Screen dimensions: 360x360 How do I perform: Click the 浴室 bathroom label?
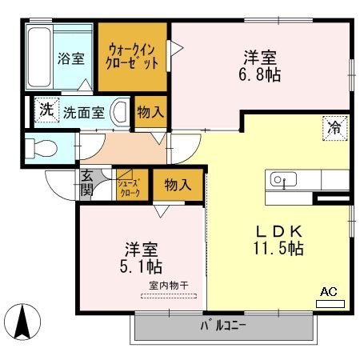click(70, 58)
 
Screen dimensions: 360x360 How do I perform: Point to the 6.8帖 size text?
click(261, 77)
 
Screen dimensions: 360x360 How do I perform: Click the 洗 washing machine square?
click(46, 110)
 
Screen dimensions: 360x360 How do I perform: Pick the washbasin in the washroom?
click(120, 111)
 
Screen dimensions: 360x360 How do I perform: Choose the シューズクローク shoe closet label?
click(130, 186)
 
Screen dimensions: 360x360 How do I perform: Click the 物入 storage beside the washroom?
click(150, 112)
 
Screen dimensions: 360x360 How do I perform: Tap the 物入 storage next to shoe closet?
click(178, 186)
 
